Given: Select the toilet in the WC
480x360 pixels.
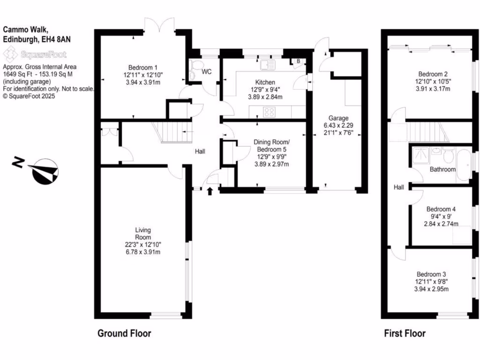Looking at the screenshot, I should [x=195, y=69].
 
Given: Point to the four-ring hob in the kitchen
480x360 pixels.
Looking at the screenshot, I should [x=270, y=112].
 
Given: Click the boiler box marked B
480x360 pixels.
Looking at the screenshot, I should [x=297, y=61].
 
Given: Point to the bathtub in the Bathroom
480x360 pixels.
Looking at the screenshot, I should [x=464, y=165].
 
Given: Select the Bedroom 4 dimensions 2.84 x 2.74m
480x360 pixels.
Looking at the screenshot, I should [x=441, y=224].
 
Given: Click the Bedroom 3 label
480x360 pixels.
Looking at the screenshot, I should [x=431, y=274].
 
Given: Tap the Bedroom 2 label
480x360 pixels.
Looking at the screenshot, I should [x=433, y=74].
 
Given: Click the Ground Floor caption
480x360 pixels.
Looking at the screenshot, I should [x=124, y=334].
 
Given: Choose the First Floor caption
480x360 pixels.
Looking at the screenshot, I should [x=405, y=334].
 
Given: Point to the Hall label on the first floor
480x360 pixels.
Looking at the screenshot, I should [x=399, y=187].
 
